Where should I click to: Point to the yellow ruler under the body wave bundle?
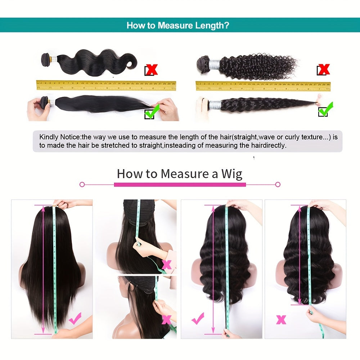tap(106, 86)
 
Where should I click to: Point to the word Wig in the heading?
tap(231, 174)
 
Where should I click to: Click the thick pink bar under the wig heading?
tap(180, 184)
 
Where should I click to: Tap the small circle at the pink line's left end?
tap(82, 184)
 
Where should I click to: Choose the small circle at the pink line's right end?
tap(278, 184)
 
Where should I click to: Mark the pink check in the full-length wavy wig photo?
tap(198, 318)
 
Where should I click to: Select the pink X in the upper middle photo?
tap(166, 265)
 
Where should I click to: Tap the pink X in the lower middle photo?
tap(166, 319)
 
